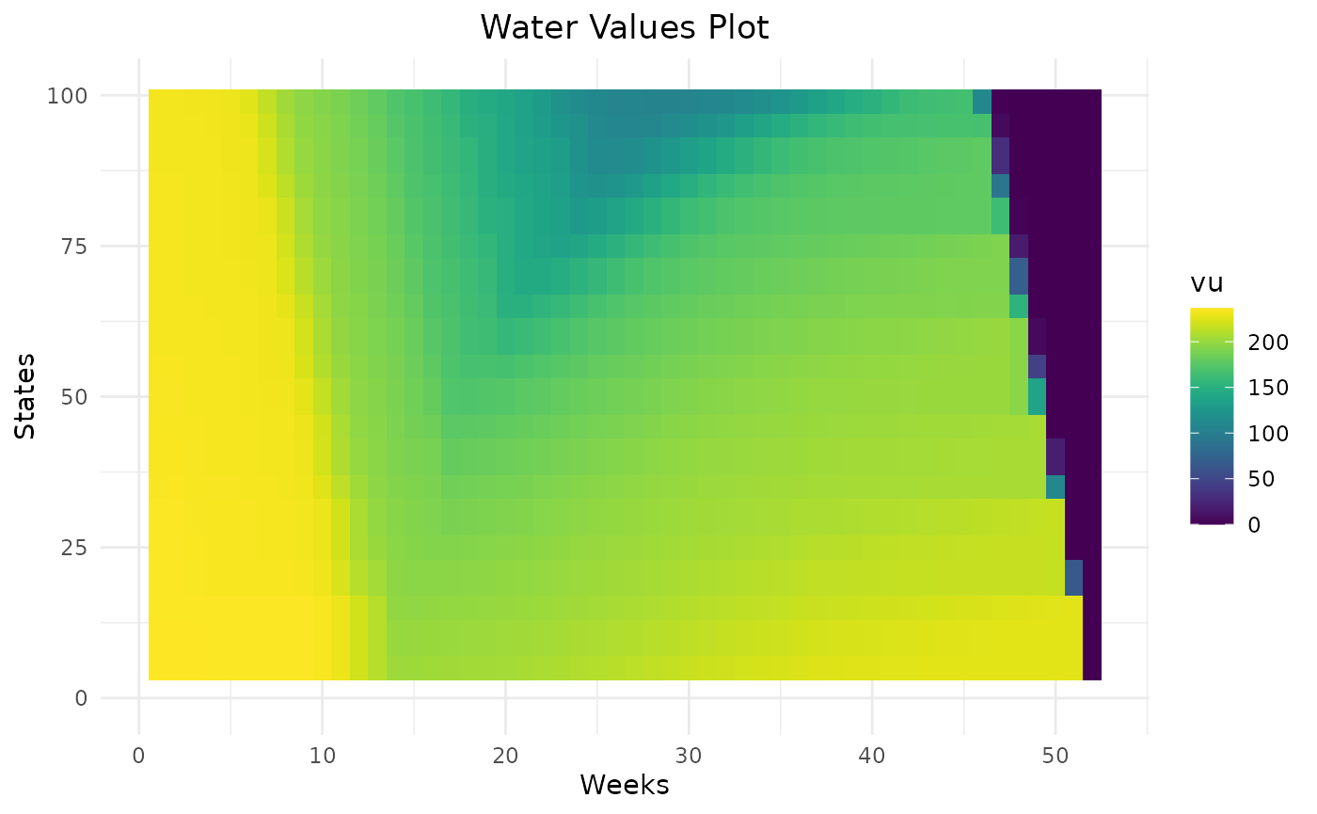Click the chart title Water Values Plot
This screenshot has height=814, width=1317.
625,27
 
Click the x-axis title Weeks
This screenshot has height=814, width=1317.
625,784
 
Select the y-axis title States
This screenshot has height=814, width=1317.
26,395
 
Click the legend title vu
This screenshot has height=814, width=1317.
1207,283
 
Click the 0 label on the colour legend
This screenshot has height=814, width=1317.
1255,524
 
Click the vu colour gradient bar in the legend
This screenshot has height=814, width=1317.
1212,415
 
